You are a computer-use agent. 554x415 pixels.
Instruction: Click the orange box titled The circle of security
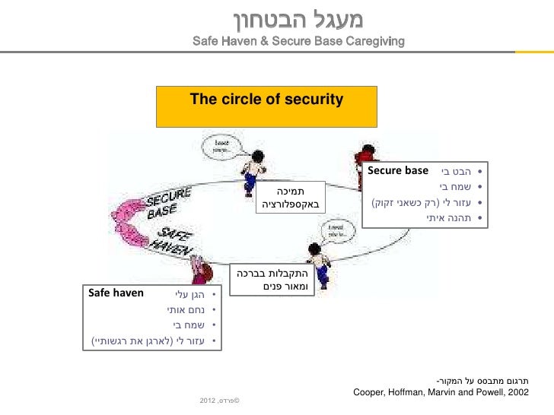click(x=266, y=106)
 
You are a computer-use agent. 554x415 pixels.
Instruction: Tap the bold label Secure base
click(x=398, y=170)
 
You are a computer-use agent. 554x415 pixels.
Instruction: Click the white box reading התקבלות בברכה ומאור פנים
click(x=271, y=277)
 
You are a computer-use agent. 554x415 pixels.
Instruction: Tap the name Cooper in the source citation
click(x=371, y=392)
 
